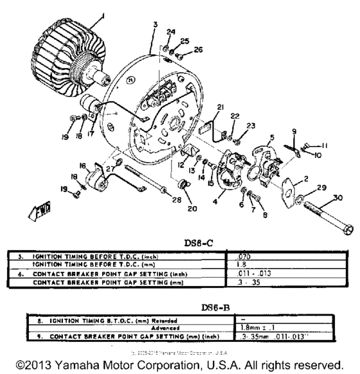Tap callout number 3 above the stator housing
[155, 24]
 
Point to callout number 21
[220, 107]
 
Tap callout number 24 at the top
[170, 32]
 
